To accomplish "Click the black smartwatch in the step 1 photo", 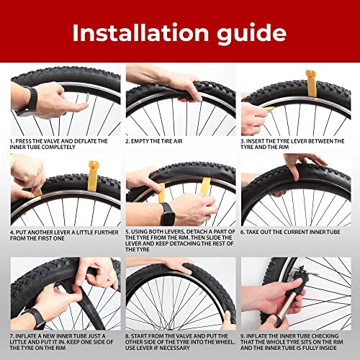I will tap(30, 100).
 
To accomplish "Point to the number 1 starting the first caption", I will tap(12, 141).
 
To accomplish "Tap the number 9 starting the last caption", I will tap(243, 335).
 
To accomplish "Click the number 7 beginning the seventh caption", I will tap(12, 335).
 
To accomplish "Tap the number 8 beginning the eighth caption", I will tap(127, 335).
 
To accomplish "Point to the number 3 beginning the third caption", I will tap(243, 141).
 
